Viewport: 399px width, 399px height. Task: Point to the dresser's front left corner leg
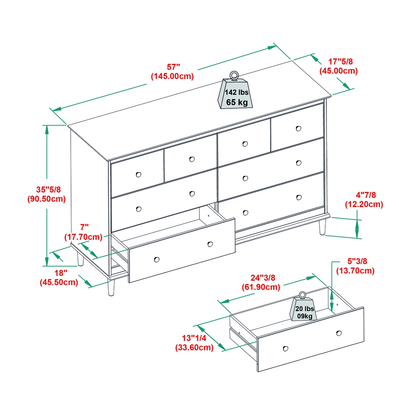tap(111, 288)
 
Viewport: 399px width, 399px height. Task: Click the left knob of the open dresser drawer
tap(156, 260)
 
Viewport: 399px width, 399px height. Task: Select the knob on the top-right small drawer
tap(298, 129)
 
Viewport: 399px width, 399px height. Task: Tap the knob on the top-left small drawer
tap(138, 174)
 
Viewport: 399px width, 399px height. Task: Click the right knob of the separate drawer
tap(339, 333)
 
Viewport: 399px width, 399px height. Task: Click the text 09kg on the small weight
tap(305, 316)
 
